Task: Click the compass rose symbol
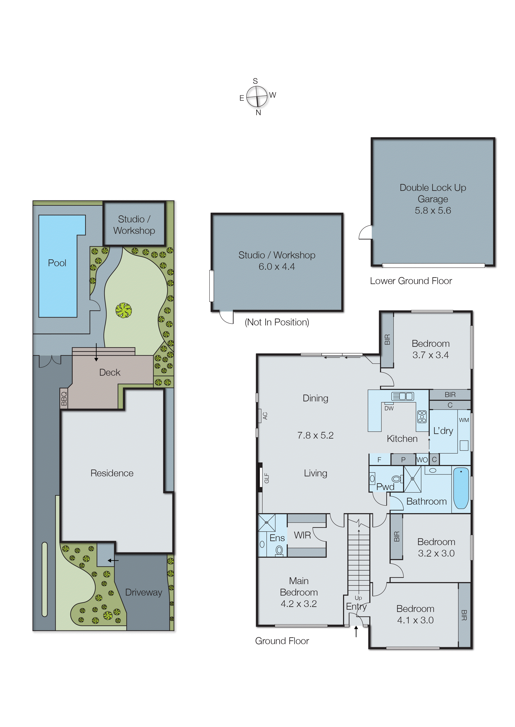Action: tap(257, 96)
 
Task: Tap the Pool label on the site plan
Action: tap(57, 263)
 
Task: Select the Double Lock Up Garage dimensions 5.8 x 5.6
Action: tap(433, 211)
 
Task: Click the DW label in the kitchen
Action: tap(389, 408)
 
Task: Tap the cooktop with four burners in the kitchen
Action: tap(422, 417)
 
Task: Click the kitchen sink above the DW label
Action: tap(402, 396)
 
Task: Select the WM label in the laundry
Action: tap(464, 420)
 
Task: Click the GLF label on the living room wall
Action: tap(267, 478)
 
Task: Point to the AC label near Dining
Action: tap(265, 416)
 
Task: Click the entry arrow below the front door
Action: tap(356, 631)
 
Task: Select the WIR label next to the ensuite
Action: tap(302, 535)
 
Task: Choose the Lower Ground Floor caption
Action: tap(411, 281)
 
